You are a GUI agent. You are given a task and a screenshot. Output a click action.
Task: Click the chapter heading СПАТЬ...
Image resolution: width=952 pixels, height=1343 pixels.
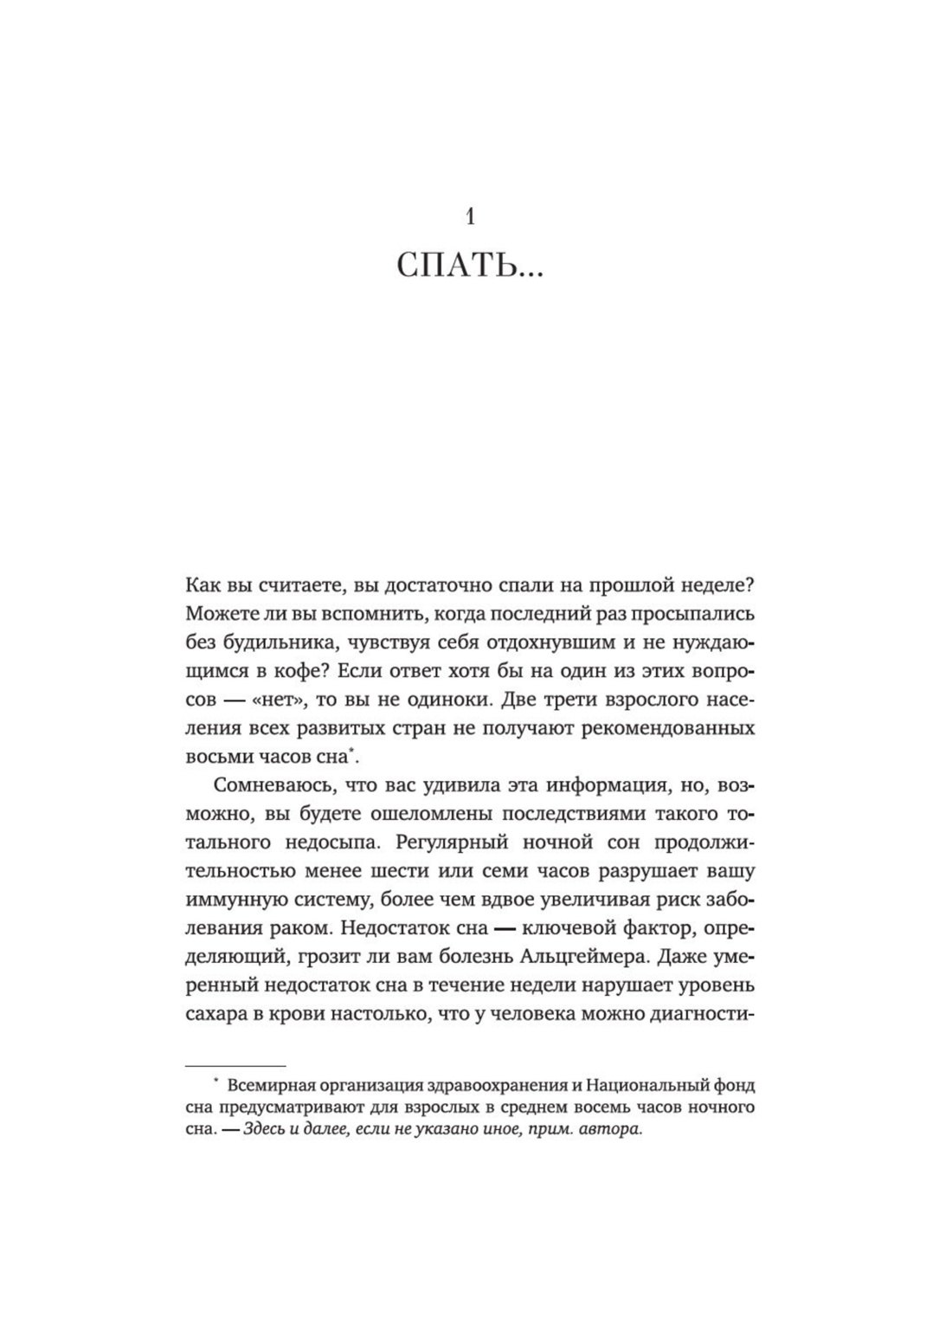[470, 268]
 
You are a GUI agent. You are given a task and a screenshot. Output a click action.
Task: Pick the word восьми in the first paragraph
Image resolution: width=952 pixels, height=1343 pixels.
[215, 757]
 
